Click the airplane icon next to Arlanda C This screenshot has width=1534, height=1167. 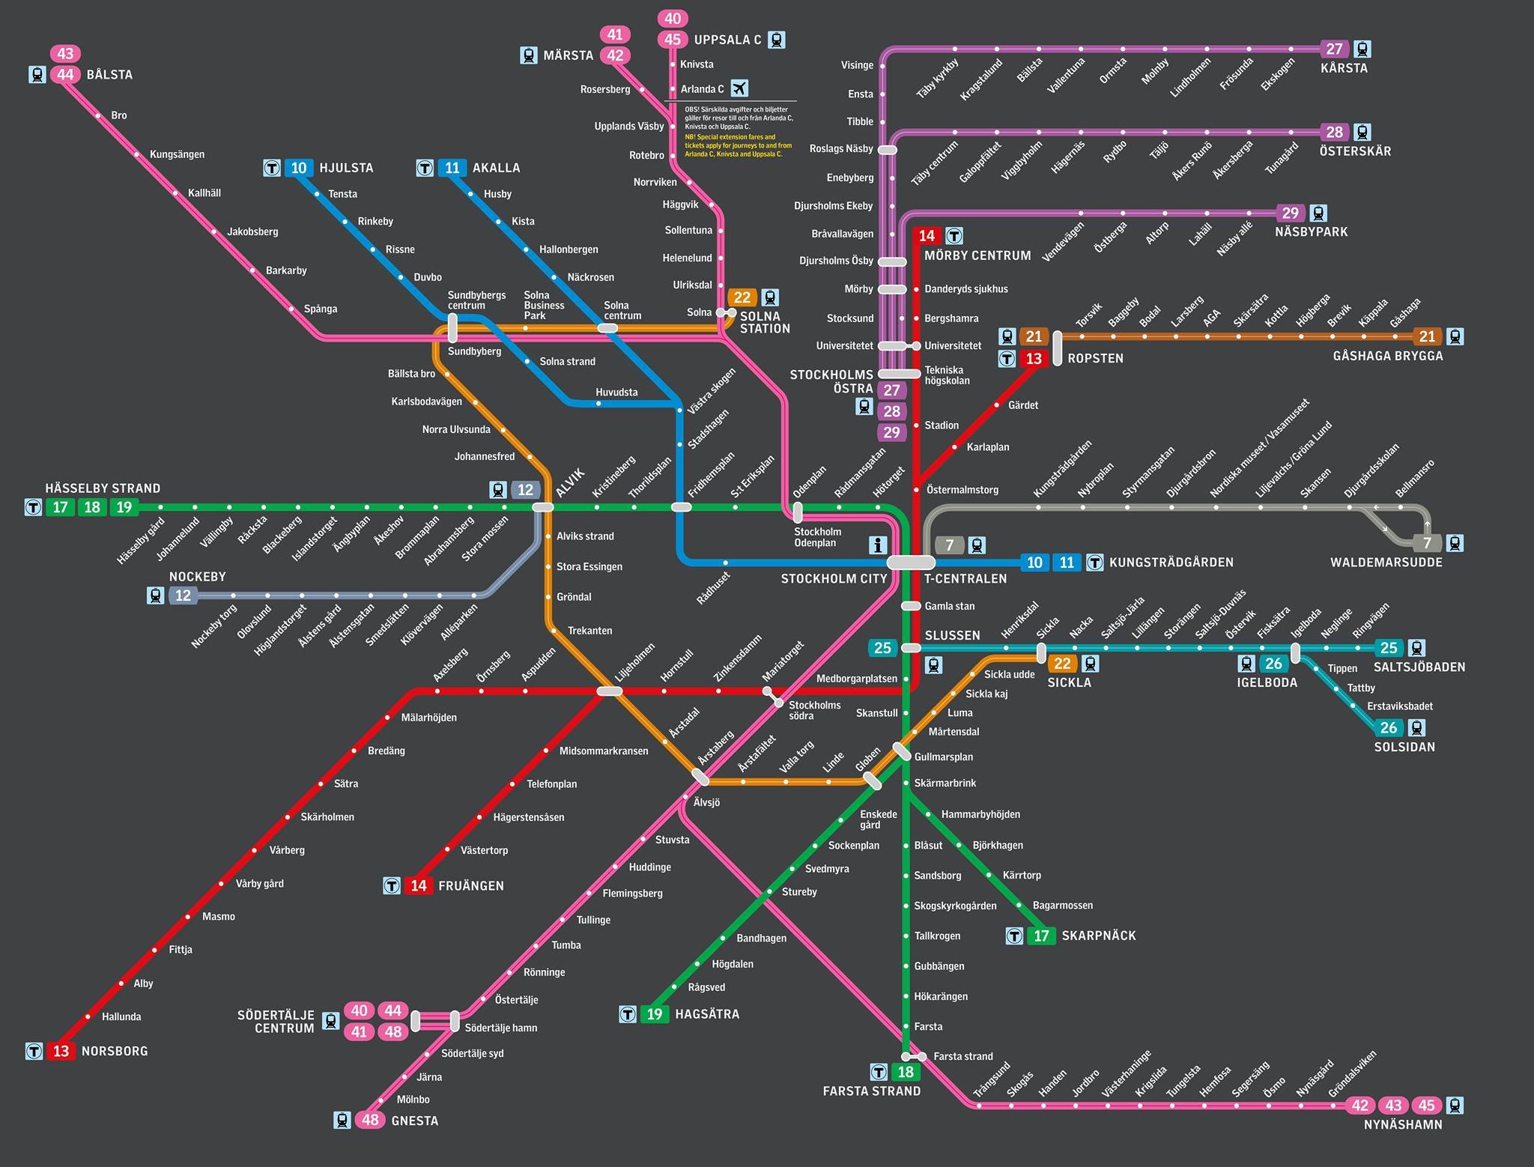pyautogui.click(x=739, y=88)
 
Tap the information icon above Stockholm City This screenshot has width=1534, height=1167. pyautogui.click(x=877, y=545)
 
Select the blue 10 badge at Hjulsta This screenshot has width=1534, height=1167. pyautogui.click(x=299, y=168)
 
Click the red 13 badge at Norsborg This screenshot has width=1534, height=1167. pyautogui.click(x=61, y=1051)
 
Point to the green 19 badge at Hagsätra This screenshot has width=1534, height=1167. pyautogui.click(x=655, y=1014)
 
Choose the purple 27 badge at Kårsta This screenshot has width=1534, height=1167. pyautogui.click(x=1334, y=49)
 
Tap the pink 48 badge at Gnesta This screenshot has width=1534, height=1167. pyautogui.click(x=370, y=1120)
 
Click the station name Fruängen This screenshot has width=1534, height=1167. pyautogui.click(x=471, y=886)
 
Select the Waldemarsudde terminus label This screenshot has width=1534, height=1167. pyautogui.click(x=1386, y=563)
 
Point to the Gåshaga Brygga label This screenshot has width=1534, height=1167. pyautogui.click(x=1388, y=356)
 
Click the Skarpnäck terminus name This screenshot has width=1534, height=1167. pyautogui.click(x=1099, y=936)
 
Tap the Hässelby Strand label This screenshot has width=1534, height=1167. pyautogui.click(x=103, y=488)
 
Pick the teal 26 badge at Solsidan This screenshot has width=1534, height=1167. pyautogui.click(x=1389, y=727)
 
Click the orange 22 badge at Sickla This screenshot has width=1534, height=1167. pyautogui.click(x=1062, y=663)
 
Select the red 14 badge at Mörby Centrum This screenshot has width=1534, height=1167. pyautogui.click(x=927, y=236)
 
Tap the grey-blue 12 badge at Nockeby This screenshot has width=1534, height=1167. pyautogui.click(x=183, y=595)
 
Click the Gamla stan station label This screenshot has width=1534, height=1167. pyautogui.click(x=950, y=606)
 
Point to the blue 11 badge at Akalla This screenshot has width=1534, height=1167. pyautogui.click(x=452, y=168)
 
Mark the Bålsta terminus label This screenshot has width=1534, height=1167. pyautogui.click(x=109, y=75)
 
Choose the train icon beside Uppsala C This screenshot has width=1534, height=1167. pyautogui.click(x=777, y=40)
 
